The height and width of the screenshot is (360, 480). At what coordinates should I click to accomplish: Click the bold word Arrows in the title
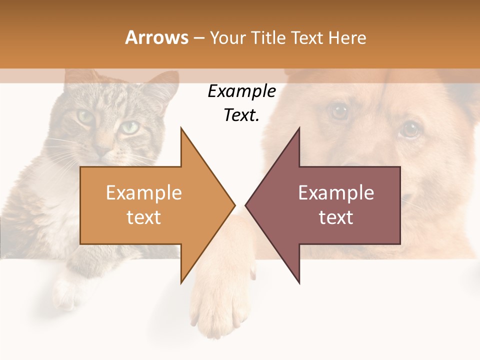157,37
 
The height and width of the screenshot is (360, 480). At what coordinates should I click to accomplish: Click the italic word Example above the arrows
242,91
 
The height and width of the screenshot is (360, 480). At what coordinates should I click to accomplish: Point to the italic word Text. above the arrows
242,115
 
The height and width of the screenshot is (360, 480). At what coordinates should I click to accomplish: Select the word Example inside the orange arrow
144,193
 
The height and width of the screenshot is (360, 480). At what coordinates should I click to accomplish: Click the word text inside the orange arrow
144,217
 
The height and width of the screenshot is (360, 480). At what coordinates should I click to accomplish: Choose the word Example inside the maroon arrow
336,193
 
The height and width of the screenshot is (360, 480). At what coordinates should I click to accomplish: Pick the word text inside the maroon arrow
336,217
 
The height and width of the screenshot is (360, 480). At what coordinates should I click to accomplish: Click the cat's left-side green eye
85,117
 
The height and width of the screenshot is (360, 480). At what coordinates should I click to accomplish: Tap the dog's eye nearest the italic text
340,111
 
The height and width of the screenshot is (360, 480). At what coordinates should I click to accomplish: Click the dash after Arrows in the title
198,38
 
